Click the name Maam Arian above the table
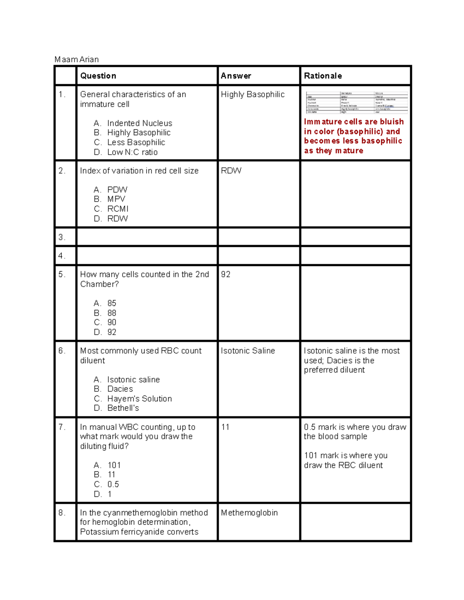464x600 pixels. point(77,59)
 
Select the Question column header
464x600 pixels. point(98,76)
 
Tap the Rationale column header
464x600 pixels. point(323,76)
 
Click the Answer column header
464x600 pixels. point(236,76)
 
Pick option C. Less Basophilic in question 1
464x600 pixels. point(130,143)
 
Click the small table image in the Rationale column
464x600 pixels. point(357,102)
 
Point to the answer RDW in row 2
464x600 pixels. point(231,171)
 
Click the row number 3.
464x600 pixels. point(62,237)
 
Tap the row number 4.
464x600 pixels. point(62,256)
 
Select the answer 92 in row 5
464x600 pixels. point(226,274)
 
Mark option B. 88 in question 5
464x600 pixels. point(105,313)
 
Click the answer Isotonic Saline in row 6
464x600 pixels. point(248,351)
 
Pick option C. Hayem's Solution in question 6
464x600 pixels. point(133,399)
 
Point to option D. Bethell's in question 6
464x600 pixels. point(116,408)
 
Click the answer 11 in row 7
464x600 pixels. point(225,427)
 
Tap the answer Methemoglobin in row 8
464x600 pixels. point(249,513)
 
